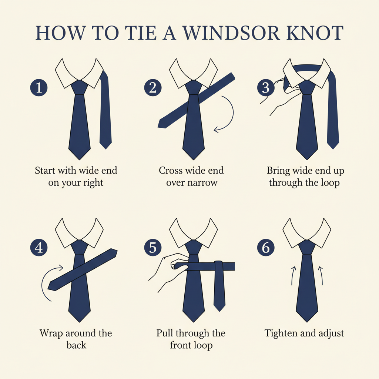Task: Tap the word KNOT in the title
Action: [x=315, y=33]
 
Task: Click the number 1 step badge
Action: [x=38, y=87]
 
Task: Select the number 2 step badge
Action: [x=153, y=87]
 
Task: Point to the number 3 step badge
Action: [x=266, y=87]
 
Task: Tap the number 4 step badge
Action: [x=38, y=248]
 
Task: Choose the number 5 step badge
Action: [x=153, y=248]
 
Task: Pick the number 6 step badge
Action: [x=266, y=248]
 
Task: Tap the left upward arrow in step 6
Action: [x=293, y=275]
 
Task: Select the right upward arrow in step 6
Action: [x=322, y=275]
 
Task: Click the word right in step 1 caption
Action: [x=93, y=183]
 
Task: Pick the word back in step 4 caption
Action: [x=76, y=345]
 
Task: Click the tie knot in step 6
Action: [x=307, y=247]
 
